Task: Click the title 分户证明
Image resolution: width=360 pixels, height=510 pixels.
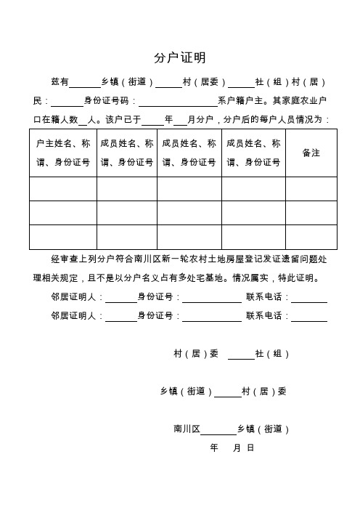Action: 180,57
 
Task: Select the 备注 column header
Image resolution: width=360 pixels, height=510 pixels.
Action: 311,153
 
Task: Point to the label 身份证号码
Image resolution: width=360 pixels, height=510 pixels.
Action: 107,101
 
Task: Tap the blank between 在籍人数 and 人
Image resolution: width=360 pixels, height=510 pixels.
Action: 82,119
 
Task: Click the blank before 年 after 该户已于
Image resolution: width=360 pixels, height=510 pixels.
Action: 153,119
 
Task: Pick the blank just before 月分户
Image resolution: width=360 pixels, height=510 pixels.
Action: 180,119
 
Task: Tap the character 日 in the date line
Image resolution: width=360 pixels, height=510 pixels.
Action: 250,448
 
